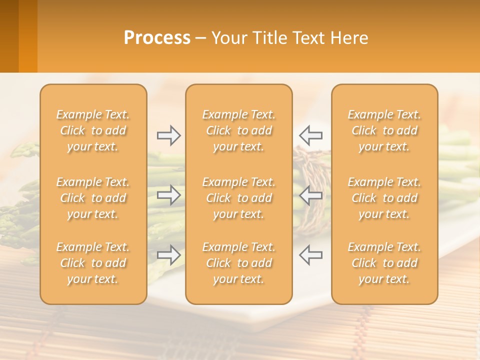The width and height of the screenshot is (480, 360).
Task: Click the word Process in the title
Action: [157, 38]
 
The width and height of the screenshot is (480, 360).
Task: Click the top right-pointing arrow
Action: [169, 135]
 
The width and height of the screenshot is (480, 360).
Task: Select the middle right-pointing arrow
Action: [169, 195]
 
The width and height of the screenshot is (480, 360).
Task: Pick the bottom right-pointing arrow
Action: [169, 255]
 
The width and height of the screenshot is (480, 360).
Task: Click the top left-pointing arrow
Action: [310, 135]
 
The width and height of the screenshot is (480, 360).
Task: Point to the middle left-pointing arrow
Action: [310, 195]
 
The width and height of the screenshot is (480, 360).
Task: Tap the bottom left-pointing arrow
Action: [310, 255]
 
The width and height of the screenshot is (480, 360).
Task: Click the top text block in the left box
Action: [93, 130]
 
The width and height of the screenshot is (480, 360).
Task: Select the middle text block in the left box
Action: [93, 198]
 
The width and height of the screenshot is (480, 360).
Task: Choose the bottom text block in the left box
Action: [93, 263]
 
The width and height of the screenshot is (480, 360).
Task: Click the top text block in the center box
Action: [239, 130]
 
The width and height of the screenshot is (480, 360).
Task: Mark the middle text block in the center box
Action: [239, 198]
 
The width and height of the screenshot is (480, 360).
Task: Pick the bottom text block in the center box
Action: [239, 263]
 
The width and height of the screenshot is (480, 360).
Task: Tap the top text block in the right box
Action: [384, 130]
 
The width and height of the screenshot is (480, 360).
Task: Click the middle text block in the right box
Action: [384, 198]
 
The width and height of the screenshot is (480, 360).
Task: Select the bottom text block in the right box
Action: [384, 263]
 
